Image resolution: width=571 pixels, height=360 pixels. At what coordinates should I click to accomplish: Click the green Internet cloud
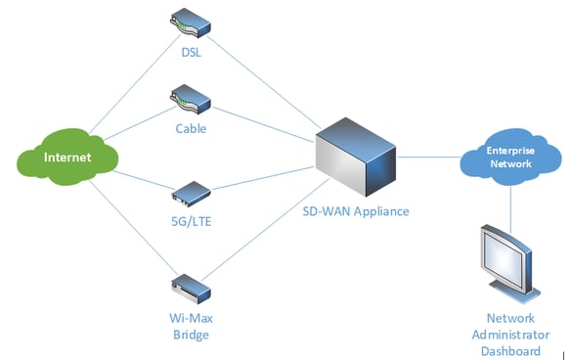coord(67,157)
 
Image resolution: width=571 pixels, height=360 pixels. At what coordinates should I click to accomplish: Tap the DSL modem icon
coord(191,20)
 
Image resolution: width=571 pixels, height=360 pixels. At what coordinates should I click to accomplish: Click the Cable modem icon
coord(191,98)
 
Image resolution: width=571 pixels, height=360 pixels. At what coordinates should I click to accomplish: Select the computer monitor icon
coord(509,260)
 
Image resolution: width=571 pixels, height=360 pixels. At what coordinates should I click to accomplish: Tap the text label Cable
coord(192,126)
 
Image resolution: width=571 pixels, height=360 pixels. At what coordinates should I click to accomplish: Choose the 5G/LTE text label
coord(192,220)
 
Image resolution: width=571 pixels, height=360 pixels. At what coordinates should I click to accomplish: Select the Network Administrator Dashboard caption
coord(511,335)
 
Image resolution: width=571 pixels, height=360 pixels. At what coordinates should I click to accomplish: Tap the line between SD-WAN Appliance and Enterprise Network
coord(430,156)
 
